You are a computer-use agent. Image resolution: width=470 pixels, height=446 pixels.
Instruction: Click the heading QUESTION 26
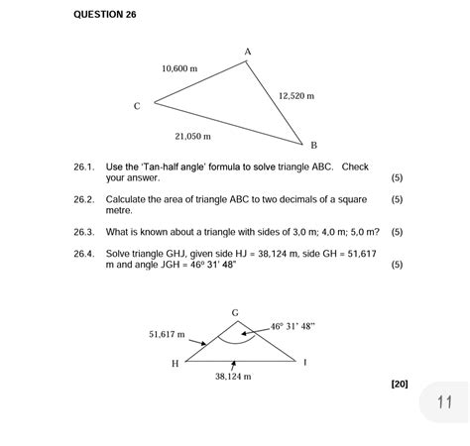click(105, 15)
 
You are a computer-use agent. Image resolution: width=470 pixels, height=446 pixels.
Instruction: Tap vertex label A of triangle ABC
click(247, 51)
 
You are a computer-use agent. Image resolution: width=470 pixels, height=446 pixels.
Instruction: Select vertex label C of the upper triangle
click(138, 104)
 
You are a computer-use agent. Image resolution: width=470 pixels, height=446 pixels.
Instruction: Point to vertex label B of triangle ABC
click(313, 145)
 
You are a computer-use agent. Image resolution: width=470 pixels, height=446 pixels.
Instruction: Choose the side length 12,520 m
click(296, 96)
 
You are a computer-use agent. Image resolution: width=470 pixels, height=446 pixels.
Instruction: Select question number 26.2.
click(83, 199)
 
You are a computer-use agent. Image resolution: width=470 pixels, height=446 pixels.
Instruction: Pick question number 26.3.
click(83, 233)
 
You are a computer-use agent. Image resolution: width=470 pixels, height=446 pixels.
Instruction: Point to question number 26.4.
click(83, 254)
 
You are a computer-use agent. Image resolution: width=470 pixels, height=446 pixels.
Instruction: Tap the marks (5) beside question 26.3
click(397, 233)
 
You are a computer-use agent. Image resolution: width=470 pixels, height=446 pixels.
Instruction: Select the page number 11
click(443, 402)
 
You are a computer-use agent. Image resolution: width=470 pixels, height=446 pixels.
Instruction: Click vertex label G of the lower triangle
click(235, 312)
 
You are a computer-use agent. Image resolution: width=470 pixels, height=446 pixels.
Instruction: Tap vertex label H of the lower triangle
click(175, 363)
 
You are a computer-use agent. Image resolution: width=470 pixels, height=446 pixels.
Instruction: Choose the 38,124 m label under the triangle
click(233, 377)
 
